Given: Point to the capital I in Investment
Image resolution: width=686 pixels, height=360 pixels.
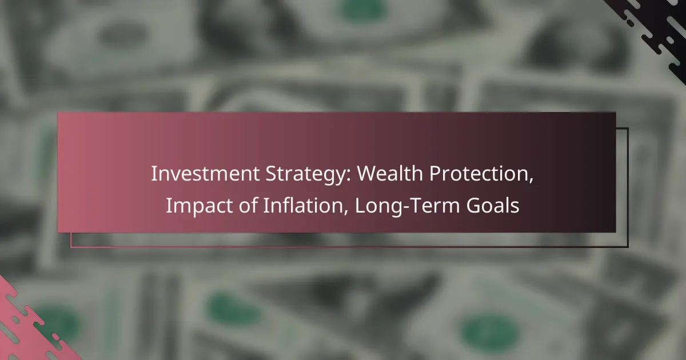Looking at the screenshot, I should click(153, 174).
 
